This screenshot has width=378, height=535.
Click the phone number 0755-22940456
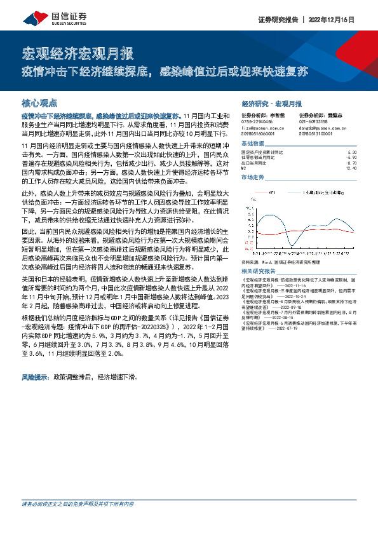257,121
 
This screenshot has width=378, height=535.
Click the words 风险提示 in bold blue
36,377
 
